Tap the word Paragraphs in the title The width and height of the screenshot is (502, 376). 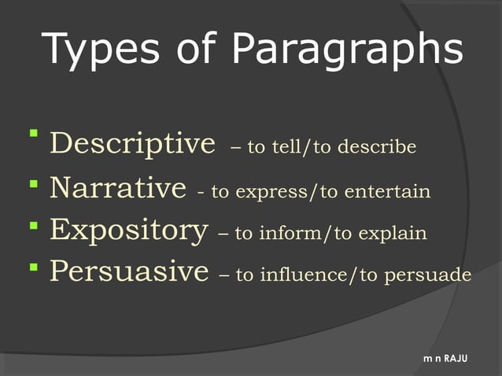[x=347, y=50]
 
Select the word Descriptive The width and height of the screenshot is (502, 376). [x=132, y=144]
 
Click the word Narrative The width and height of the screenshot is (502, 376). [x=118, y=189]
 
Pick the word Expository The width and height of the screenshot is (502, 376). [x=129, y=231]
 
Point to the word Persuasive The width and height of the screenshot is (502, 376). [x=129, y=273]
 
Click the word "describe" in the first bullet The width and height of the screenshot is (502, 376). [x=381, y=147]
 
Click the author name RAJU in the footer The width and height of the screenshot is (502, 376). [x=456, y=359]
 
